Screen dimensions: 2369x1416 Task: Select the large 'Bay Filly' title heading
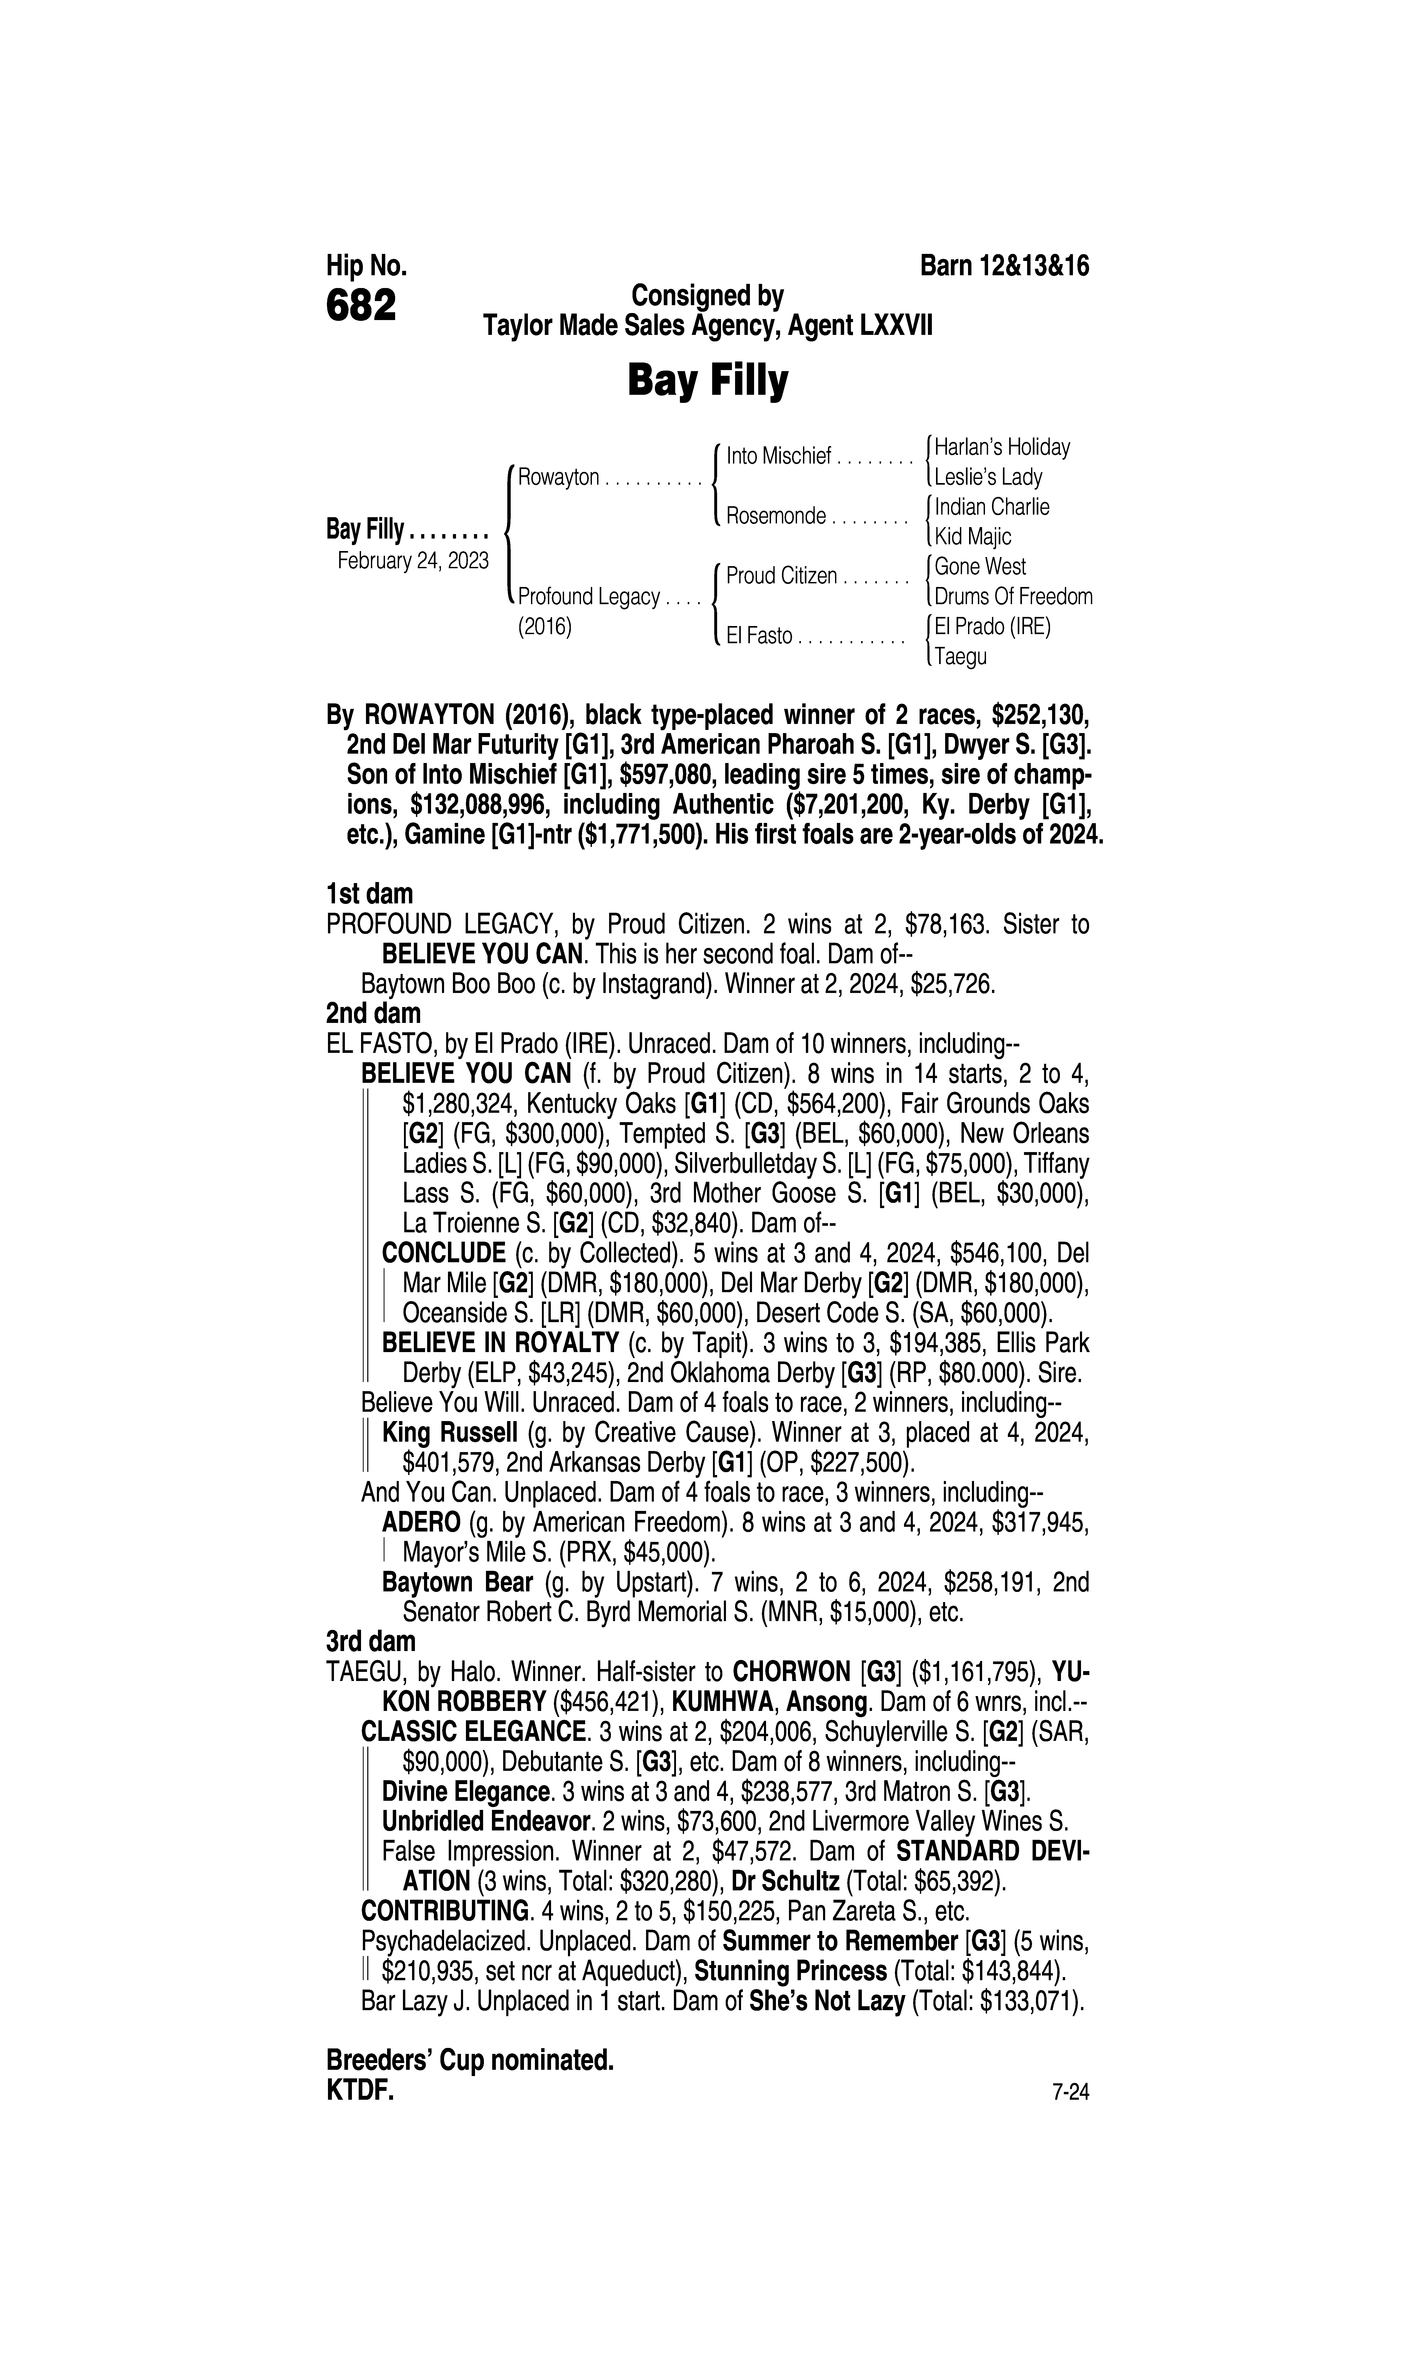pos(707,381)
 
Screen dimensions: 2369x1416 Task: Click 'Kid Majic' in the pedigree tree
pos(972,536)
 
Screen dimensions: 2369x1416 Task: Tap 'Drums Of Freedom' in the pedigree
pos(1013,597)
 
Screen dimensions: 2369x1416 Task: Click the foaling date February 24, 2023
pos(413,560)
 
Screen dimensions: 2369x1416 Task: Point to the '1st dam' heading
pos(369,894)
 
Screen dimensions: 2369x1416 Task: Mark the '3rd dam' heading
pos(371,1642)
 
